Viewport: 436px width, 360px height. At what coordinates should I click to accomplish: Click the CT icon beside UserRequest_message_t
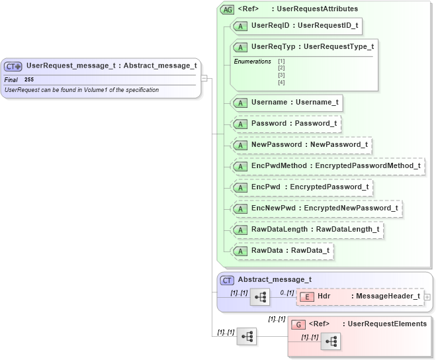click(13, 66)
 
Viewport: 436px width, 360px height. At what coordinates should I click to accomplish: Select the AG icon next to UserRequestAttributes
click(228, 9)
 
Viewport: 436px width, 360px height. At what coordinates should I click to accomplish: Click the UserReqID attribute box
click(297, 26)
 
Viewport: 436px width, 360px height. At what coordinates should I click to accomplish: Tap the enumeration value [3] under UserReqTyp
click(281, 75)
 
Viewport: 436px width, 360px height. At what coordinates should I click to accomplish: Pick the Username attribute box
click(287, 103)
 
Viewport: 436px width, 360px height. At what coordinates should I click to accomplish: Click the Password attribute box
click(286, 124)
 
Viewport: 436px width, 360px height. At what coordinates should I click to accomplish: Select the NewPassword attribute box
click(302, 144)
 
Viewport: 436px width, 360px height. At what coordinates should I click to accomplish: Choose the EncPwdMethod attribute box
click(328, 165)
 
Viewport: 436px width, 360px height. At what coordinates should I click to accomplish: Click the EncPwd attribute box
click(302, 187)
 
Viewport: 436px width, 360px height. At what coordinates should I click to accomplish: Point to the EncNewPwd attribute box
click(317, 208)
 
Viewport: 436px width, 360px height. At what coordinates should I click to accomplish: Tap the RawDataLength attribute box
click(308, 230)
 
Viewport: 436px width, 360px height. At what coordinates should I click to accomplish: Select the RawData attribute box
click(283, 251)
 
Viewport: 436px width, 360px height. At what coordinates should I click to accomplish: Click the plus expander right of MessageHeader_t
click(427, 297)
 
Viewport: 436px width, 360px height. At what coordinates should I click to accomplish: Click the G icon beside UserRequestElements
click(298, 324)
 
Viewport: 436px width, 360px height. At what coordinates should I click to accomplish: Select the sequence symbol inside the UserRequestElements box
click(330, 341)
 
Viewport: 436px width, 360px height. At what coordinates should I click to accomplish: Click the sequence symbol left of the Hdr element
click(260, 297)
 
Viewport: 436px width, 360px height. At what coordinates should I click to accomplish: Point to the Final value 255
click(29, 79)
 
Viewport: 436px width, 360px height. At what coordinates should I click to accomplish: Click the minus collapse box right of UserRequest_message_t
click(204, 78)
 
